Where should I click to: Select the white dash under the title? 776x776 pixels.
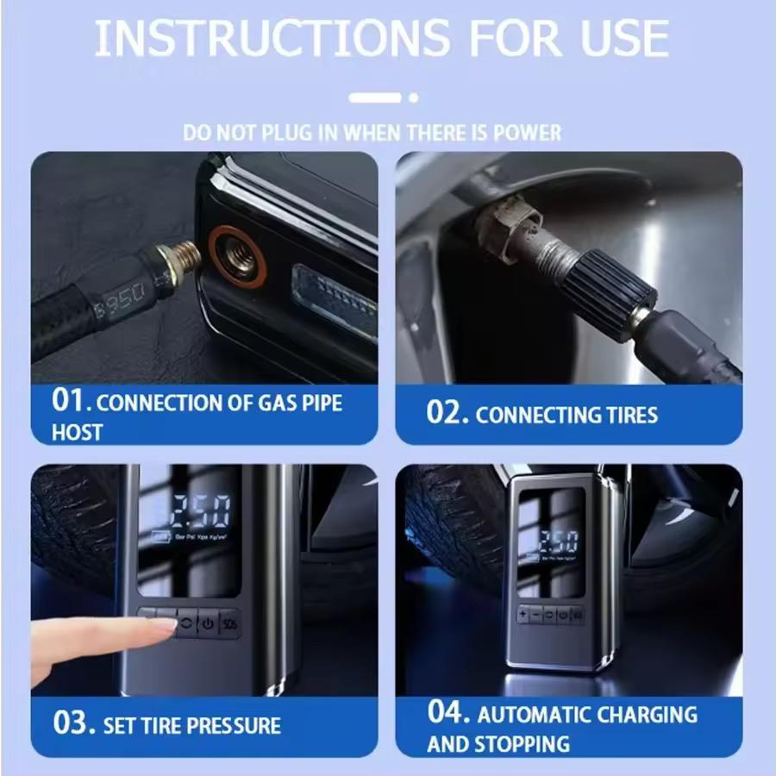(x=375, y=97)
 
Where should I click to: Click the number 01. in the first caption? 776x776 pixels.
(x=71, y=402)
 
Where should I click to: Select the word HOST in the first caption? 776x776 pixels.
(x=77, y=432)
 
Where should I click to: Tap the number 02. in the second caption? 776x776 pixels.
(x=447, y=412)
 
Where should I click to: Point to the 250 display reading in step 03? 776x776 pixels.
(x=200, y=511)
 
